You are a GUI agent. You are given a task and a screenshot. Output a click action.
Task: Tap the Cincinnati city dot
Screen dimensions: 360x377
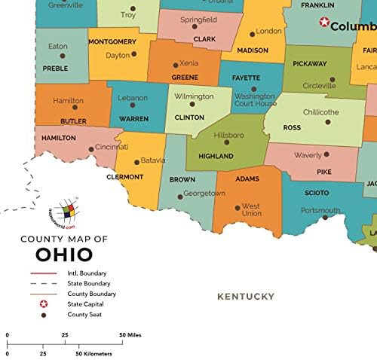[x=91, y=148]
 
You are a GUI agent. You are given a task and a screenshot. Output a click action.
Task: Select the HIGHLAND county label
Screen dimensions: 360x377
[x=216, y=156]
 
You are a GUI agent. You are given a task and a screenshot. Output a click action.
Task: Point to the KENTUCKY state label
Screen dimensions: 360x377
[x=246, y=297]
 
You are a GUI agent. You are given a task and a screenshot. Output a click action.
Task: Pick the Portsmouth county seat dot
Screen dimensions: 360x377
[x=325, y=218]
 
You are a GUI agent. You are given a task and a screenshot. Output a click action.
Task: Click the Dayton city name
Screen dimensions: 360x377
[x=118, y=55]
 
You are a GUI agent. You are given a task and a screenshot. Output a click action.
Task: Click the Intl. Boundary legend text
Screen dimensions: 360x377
[x=87, y=273]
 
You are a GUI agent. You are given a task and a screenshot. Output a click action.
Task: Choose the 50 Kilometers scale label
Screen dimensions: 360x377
[x=95, y=352]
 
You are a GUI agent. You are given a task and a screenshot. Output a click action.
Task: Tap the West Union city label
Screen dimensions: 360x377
[x=251, y=210]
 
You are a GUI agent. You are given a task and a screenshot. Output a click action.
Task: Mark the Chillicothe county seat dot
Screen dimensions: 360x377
[x=327, y=121]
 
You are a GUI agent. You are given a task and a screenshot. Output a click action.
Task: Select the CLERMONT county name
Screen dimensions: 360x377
[x=124, y=177]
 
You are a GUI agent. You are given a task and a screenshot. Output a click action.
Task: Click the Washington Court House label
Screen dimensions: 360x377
[x=255, y=100]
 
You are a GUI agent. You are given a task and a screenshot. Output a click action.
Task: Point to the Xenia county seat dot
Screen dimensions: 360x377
[x=176, y=65]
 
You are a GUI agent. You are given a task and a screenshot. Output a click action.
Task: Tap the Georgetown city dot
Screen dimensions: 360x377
[x=179, y=197]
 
